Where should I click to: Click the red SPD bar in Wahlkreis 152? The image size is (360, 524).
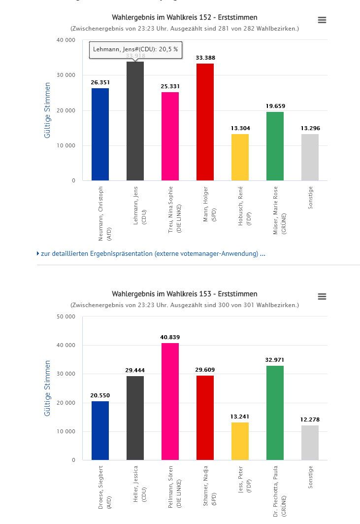click(205, 122)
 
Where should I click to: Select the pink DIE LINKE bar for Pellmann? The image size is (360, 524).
click(170, 401)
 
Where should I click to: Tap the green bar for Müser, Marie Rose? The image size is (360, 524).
click(275, 146)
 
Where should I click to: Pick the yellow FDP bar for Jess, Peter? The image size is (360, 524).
click(240, 441)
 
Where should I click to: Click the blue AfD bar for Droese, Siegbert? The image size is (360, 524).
click(100, 430)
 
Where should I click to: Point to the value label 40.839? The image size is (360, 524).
click(170, 338)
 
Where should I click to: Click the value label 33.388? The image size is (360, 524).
click(205, 58)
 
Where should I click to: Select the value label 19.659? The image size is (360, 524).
click(275, 106)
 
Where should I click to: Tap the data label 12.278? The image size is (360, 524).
click(310, 420)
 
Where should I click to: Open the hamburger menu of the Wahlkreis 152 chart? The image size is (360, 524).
click(322, 20)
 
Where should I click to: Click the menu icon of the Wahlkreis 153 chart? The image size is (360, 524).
click(322, 296)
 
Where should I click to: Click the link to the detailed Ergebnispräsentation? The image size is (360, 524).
click(153, 254)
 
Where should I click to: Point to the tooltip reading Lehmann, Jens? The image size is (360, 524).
click(135, 50)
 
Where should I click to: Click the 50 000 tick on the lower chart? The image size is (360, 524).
click(66, 316)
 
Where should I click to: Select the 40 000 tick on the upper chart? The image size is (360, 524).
click(66, 40)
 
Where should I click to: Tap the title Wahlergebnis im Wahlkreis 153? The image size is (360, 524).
click(185, 294)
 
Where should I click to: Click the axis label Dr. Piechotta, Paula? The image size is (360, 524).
click(279, 490)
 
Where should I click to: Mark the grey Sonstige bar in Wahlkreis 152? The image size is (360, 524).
click(310, 157)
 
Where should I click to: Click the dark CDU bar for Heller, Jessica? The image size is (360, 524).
click(135, 418)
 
